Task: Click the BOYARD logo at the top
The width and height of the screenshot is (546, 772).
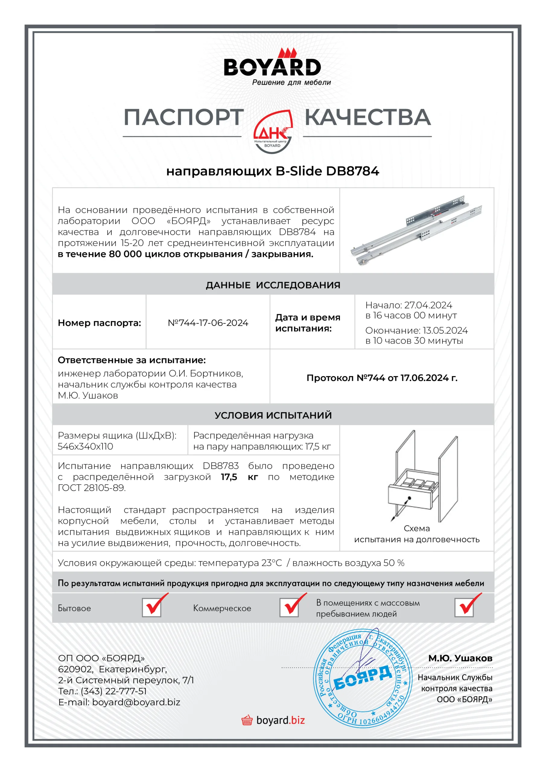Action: point(272,67)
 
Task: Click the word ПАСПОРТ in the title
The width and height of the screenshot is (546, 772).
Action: point(184,117)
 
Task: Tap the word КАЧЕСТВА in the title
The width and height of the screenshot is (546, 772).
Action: point(368,117)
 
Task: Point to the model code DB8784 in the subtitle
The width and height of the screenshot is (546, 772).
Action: point(353,171)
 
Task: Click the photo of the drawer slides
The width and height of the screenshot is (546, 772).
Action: point(417,231)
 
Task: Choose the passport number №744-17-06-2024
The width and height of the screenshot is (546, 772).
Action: point(208,323)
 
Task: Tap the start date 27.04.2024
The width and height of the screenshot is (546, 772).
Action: point(428,305)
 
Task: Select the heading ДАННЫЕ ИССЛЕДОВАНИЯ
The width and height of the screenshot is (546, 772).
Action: point(273,285)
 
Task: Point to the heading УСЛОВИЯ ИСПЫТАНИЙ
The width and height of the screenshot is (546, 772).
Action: point(273,415)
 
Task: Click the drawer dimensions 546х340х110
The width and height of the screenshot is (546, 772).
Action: point(85,447)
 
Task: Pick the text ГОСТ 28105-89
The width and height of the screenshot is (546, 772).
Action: point(91,488)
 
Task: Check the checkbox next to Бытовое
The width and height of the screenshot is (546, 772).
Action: point(152,607)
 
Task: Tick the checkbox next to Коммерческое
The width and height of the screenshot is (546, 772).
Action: point(289,607)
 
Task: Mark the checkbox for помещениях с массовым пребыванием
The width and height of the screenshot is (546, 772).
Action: point(464,607)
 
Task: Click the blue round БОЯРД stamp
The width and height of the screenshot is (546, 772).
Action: point(363,679)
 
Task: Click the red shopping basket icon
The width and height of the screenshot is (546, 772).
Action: point(247,720)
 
